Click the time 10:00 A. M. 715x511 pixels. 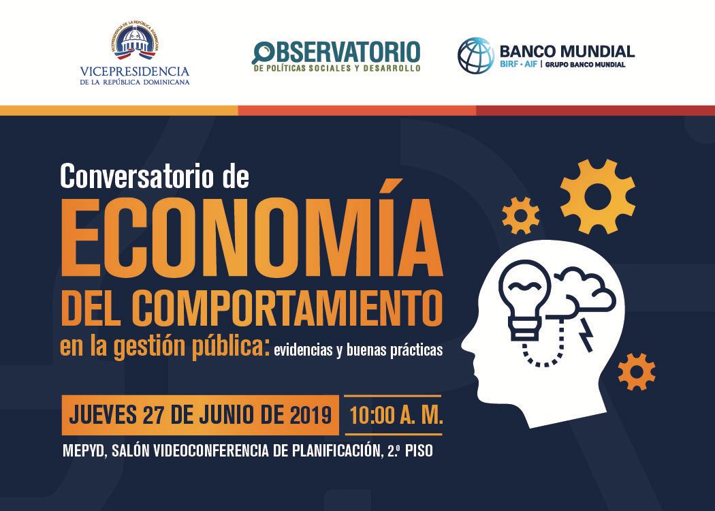(396, 416)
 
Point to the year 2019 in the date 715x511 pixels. (310, 415)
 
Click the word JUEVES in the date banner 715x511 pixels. (103, 415)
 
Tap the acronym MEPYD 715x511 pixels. (84, 451)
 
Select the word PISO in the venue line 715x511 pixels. (419, 451)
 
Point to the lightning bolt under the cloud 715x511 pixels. (586, 335)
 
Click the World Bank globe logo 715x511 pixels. (475, 56)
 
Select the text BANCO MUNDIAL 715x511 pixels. (567, 50)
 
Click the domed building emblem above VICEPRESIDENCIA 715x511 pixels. (135, 41)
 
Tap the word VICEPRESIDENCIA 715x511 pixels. (135, 71)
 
